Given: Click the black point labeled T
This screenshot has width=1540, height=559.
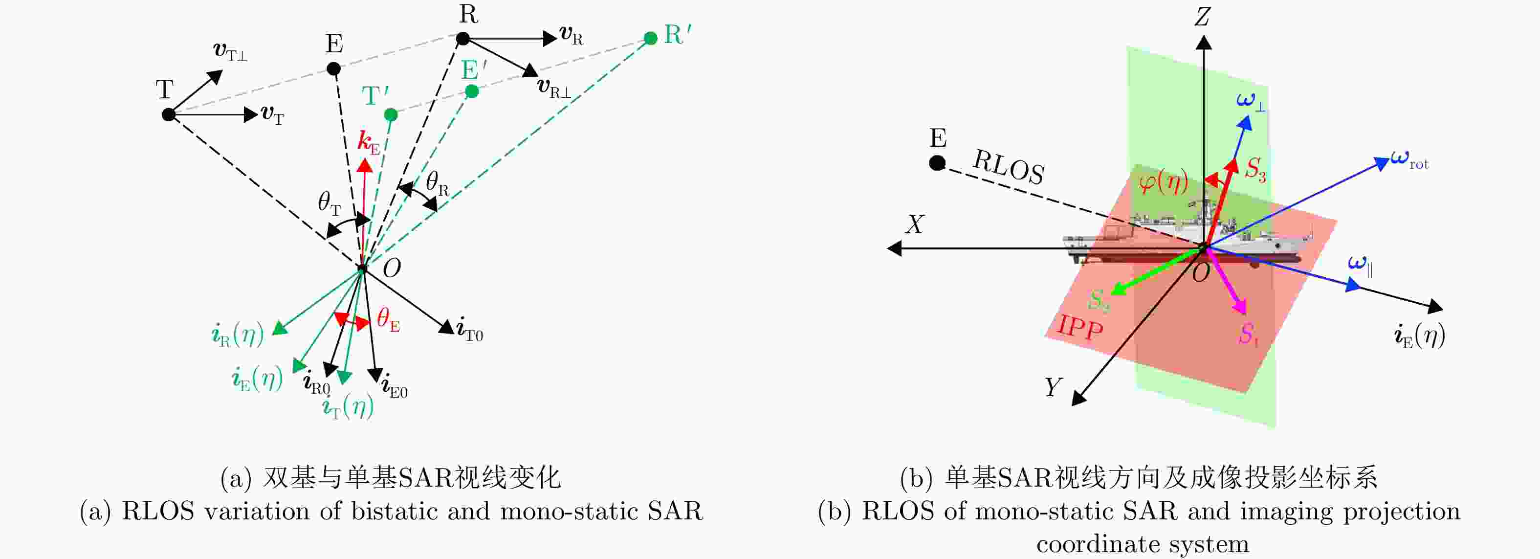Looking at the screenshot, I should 169,114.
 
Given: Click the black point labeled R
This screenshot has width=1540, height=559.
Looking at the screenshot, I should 462,39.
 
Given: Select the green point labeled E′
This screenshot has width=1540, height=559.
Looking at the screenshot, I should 472,91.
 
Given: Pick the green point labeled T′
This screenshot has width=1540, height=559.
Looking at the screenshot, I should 391,114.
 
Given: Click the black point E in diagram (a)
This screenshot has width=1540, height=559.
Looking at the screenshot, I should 333,69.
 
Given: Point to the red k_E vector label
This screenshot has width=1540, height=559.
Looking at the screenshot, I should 368,143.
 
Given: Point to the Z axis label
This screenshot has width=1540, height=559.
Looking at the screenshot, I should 1202,17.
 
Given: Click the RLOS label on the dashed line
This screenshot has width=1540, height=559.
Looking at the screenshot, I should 1009,167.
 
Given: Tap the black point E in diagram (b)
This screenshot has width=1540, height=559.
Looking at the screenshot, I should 937,163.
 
